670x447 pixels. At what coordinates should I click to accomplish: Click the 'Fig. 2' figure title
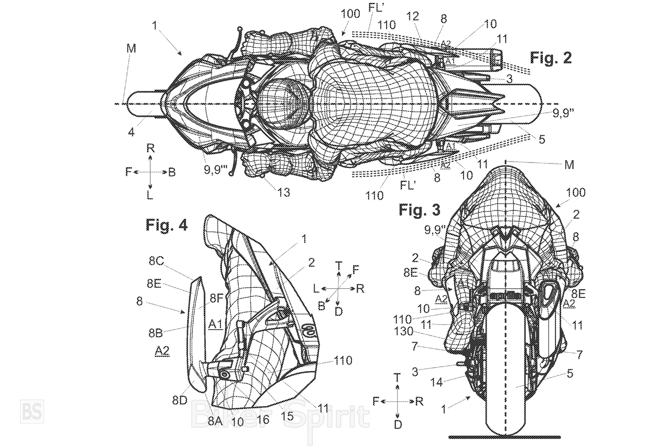551,58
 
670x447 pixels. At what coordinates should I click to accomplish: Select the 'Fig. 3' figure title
419,210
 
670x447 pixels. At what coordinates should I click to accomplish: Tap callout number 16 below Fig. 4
263,420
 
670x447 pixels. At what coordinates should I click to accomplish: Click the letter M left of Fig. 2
131,48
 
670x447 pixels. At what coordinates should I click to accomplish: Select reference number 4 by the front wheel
132,133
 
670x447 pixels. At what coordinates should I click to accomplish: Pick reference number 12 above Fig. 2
412,17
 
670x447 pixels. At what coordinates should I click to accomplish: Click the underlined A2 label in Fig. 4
161,352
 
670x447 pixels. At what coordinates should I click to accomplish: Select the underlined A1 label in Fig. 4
214,325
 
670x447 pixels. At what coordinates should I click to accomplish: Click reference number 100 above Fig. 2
350,14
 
